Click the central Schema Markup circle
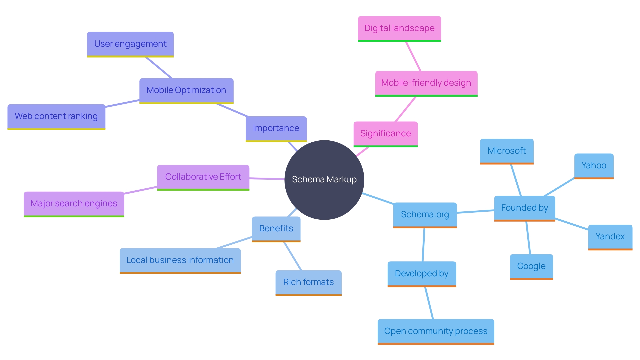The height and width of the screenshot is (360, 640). click(x=324, y=180)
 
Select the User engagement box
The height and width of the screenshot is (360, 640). click(x=130, y=44)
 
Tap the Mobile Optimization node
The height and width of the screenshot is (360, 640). click(x=186, y=90)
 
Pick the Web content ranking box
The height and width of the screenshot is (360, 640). click(x=56, y=116)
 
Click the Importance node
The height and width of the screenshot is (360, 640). click(x=276, y=128)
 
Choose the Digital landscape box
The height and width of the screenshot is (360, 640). click(x=399, y=28)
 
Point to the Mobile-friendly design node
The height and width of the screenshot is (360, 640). click(x=426, y=83)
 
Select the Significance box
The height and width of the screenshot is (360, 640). click(x=385, y=134)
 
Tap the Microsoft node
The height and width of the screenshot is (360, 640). click(x=507, y=151)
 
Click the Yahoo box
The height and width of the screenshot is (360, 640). click(x=594, y=166)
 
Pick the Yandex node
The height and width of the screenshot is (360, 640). click(x=610, y=237)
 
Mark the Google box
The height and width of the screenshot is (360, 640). click(x=531, y=266)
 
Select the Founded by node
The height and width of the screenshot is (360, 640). click(x=524, y=208)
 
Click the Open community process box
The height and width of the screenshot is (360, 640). click(x=436, y=331)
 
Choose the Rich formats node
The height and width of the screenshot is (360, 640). click(x=308, y=282)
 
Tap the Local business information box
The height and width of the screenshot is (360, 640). click(x=180, y=260)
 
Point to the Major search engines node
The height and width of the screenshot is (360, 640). click(x=74, y=204)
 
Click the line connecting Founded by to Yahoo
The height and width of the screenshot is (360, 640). click(x=559, y=187)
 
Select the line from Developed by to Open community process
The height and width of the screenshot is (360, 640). click(x=429, y=303)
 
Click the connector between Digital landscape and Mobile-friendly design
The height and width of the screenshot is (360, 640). click(x=413, y=56)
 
